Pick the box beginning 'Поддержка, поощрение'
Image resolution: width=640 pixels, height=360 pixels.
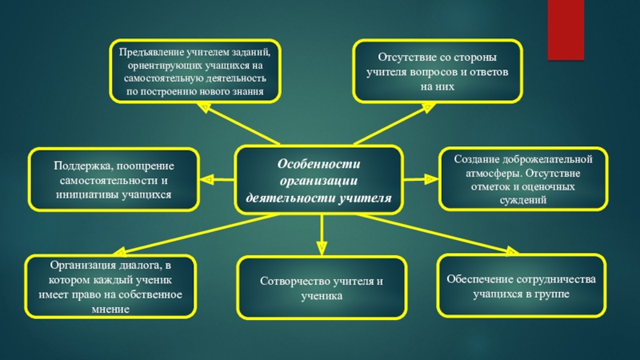click(x=114, y=180)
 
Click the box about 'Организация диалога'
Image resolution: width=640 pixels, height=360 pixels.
click(x=111, y=286)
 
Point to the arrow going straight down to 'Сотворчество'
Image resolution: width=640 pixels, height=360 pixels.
click(x=322, y=236)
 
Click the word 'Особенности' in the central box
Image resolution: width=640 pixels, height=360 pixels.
click(x=319, y=163)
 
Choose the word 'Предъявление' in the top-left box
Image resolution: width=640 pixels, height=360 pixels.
click(x=149, y=52)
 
